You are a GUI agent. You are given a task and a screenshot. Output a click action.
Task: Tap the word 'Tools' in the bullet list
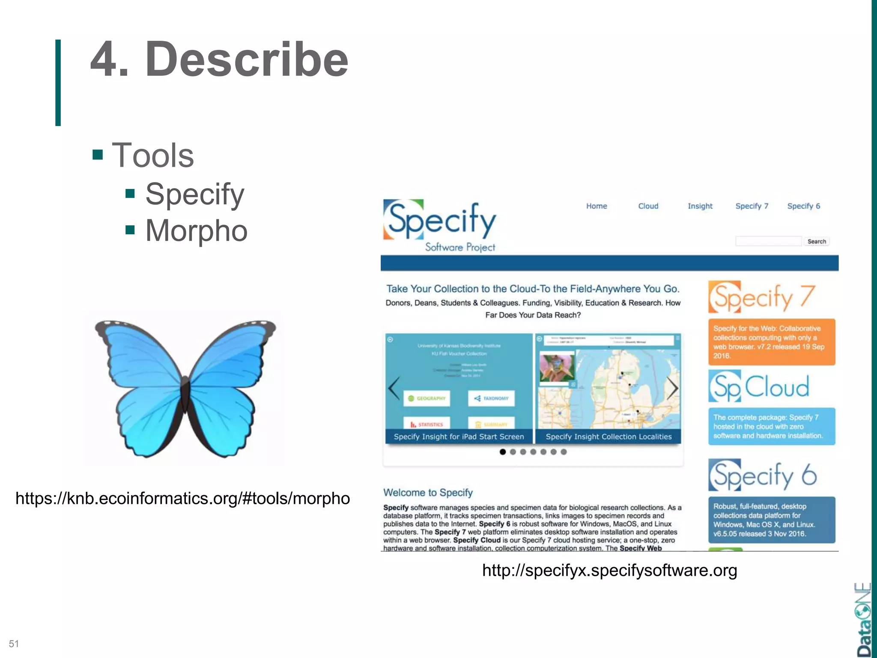pyautogui.click(x=152, y=155)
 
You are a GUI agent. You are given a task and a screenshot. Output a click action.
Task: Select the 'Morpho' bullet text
pyautogui.click(x=196, y=230)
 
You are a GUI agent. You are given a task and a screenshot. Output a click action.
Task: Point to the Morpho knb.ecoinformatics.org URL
pyautogui.click(x=182, y=498)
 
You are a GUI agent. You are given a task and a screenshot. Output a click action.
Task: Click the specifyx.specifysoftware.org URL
pyautogui.click(x=609, y=570)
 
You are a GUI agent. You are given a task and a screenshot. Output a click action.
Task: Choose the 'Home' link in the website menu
pyautogui.click(x=597, y=206)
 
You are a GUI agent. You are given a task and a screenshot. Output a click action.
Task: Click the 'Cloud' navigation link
pyautogui.click(x=648, y=206)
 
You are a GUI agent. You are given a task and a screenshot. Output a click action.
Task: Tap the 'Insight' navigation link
pyautogui.click(x=700, y=206)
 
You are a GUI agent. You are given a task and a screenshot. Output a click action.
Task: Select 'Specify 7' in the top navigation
pyautogui.click(x=752, y=206)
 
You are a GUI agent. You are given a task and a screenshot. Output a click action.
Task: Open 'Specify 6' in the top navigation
pyautogui.click(x=803, y=206)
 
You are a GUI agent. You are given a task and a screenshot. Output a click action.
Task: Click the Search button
pyautogui.click(x=816, y=242)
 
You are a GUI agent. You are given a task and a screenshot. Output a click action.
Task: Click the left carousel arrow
pyautogui.click(x=394, y=388)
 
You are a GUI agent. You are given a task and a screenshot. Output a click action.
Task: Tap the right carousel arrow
pyautogui.click(x=672, y=388)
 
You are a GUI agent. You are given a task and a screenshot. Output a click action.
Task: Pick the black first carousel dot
pyautogui.click(x=503, y=452)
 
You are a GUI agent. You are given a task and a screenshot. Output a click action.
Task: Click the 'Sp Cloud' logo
pyautogui.click(x=759, y=386)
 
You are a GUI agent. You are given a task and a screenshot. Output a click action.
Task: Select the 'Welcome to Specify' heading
pyautogui.click(x=428, y=493)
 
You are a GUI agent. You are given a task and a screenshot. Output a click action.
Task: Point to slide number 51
pyautogui.click(x=14, y=644)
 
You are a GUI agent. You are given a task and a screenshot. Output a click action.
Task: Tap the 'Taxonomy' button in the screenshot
pyautogui.click(x=491, y=398)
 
